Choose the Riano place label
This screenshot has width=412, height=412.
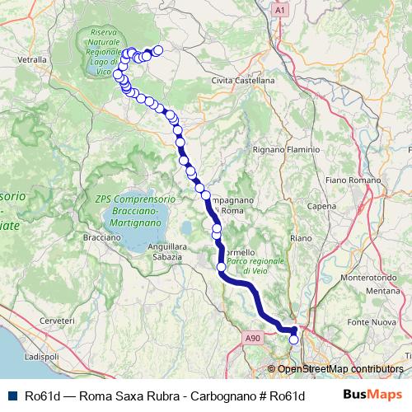(x=300, y=238)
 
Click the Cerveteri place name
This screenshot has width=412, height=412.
(x=56, y=319)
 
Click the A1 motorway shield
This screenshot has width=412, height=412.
(x=279, y=10)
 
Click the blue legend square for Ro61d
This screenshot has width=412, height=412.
(x=10, y=396)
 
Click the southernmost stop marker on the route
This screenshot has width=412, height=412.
(x=293, y=339)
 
